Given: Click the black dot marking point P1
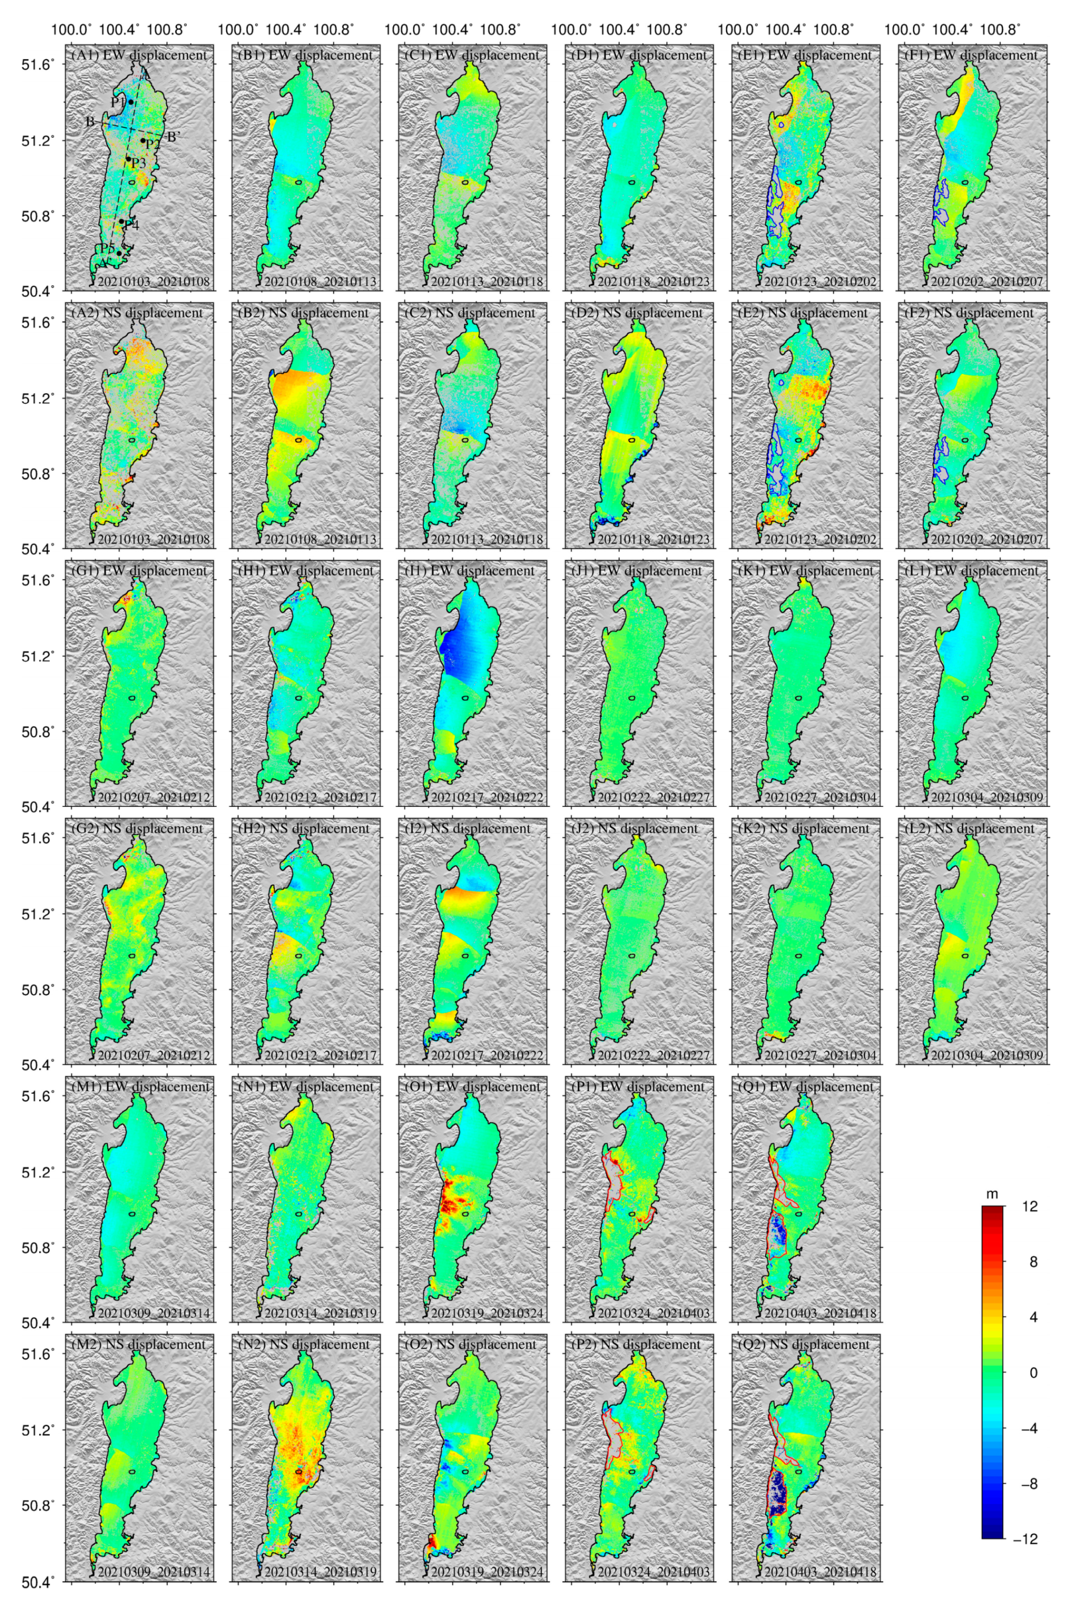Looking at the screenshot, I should pos(130,101).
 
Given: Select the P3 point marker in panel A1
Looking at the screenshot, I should pos(128,159).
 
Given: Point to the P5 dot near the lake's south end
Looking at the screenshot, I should pos(120,253).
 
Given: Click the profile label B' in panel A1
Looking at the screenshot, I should pos(173,137).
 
